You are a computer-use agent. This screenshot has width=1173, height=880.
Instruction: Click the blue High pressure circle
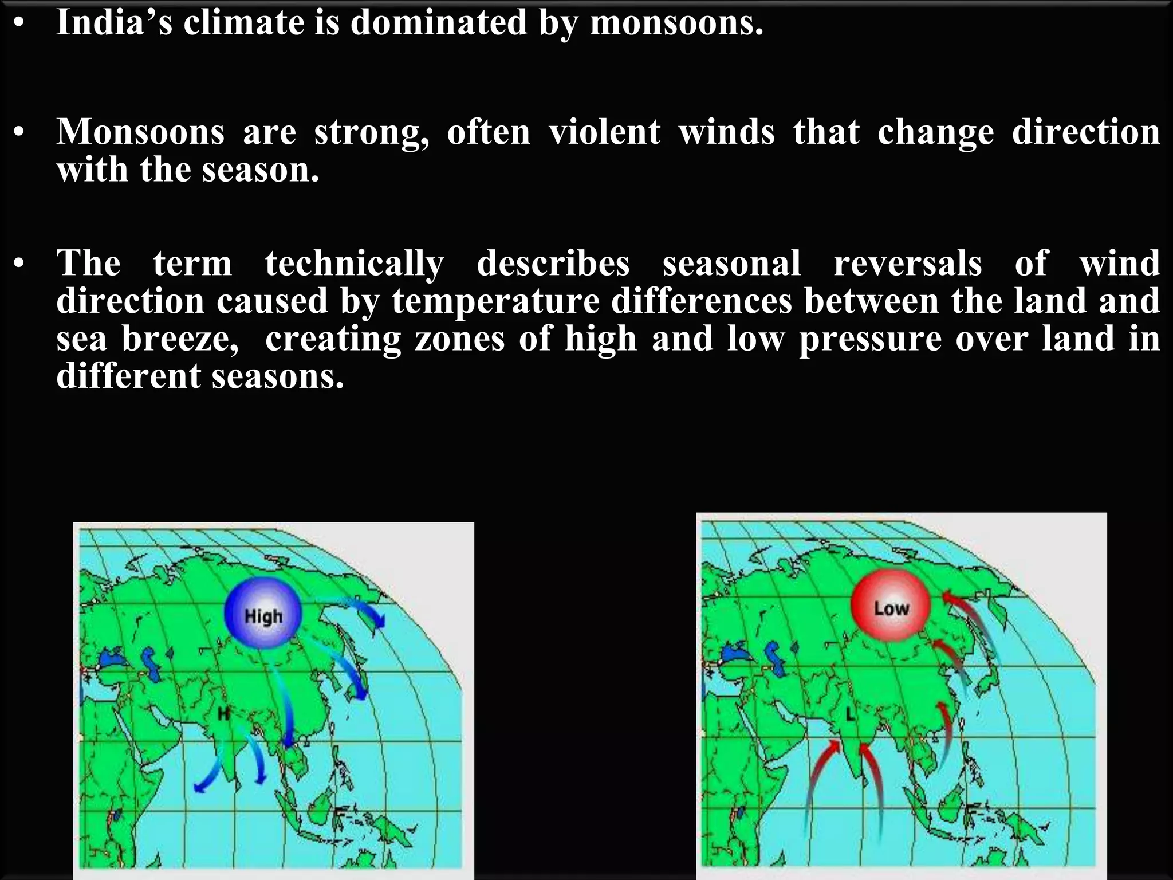point(263,614)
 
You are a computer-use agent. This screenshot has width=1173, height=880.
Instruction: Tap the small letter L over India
point(850,714)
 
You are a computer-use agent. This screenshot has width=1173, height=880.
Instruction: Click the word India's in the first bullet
point(114,23)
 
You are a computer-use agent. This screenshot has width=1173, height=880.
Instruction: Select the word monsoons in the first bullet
point(676,23)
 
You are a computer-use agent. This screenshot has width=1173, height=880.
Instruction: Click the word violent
point(604,132)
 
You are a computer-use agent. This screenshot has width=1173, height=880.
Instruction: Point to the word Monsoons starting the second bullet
point(140,132)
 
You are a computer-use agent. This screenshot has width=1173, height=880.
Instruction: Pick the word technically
point(354,264)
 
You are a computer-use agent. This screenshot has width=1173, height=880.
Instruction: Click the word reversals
point(907,264)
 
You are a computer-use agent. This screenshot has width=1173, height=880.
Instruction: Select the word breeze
point(180,339)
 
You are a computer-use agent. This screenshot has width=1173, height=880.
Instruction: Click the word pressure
point(870,339)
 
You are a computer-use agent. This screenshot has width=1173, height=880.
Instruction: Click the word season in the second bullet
point(260,170)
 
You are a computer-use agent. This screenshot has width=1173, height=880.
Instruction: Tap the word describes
point(553,264)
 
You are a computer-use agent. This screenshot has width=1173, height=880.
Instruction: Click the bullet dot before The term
point(19,264)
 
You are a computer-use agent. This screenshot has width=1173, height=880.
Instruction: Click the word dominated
point(438,23)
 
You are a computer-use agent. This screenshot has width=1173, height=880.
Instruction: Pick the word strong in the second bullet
point(372,132)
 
